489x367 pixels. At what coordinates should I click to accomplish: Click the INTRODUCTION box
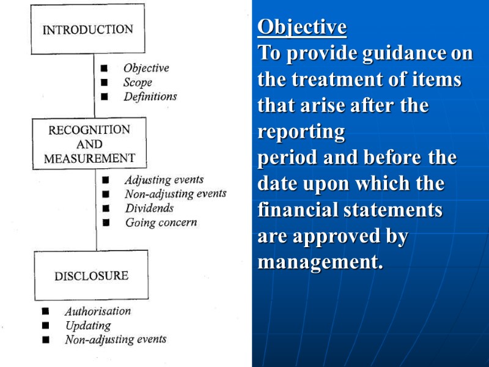(88, 29)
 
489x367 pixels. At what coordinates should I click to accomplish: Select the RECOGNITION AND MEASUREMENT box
(89, 144)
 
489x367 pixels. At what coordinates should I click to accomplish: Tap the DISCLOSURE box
(91, 276)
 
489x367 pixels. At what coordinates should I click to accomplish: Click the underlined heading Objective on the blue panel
(302, 27)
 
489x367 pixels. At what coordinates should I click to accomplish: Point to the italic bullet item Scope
(138, 83)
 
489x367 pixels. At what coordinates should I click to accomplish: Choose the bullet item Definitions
(150, 96)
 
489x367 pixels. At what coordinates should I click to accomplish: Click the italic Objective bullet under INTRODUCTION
(146, 69)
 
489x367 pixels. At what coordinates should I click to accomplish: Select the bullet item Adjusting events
(164, 180)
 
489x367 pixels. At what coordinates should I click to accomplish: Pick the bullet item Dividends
(149, 208)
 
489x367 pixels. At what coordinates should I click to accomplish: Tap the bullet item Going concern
(161, 223)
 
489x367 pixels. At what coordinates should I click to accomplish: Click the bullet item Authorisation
(98, 311)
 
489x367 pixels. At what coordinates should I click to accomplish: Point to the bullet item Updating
(88, 325)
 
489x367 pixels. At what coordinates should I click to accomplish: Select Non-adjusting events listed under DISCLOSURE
(116, 339)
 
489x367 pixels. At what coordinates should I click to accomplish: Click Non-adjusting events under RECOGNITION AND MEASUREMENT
(175, 194)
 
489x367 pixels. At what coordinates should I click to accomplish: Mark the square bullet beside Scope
(105, 83)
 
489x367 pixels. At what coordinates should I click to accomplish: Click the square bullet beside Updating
(45, 326)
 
